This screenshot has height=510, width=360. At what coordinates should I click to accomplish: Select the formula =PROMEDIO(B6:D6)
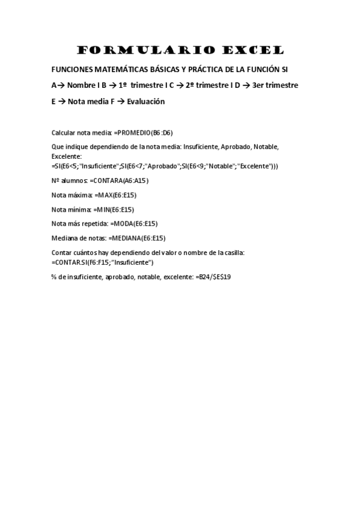pos(143,132)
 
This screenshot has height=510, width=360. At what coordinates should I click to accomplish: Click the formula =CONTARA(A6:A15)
pos(119,180)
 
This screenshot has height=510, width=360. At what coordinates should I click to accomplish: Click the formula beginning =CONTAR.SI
pos(103,262)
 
